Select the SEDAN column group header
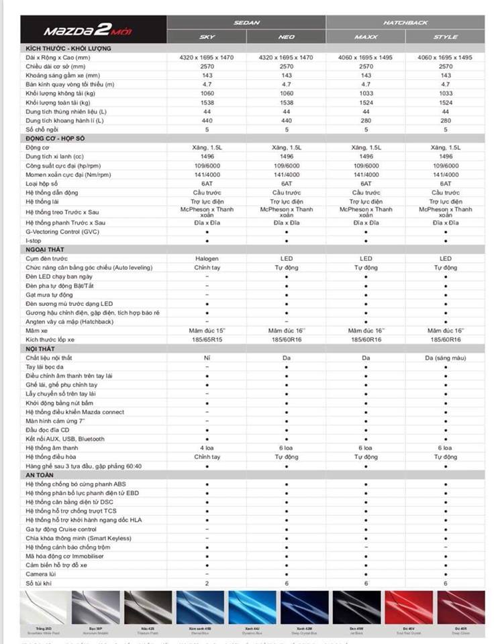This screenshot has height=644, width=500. coord(247,22)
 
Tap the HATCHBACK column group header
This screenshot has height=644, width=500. coord(405,22)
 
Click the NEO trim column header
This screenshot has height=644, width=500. coord(287,37)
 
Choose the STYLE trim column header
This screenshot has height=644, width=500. coord(445,37)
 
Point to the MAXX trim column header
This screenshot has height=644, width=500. coord(366,37)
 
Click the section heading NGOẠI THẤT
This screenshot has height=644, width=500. coord(44,250)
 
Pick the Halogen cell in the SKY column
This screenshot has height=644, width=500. coord(207,259)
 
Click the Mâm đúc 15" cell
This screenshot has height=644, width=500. coord(207,331)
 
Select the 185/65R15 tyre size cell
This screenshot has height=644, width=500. coord(207,340)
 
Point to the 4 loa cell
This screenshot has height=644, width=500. coord(207,447)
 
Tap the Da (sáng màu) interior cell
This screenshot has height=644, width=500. coord(445,358)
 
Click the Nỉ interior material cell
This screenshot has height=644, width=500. coord(207,358)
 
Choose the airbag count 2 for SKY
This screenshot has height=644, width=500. coord(207,583)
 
